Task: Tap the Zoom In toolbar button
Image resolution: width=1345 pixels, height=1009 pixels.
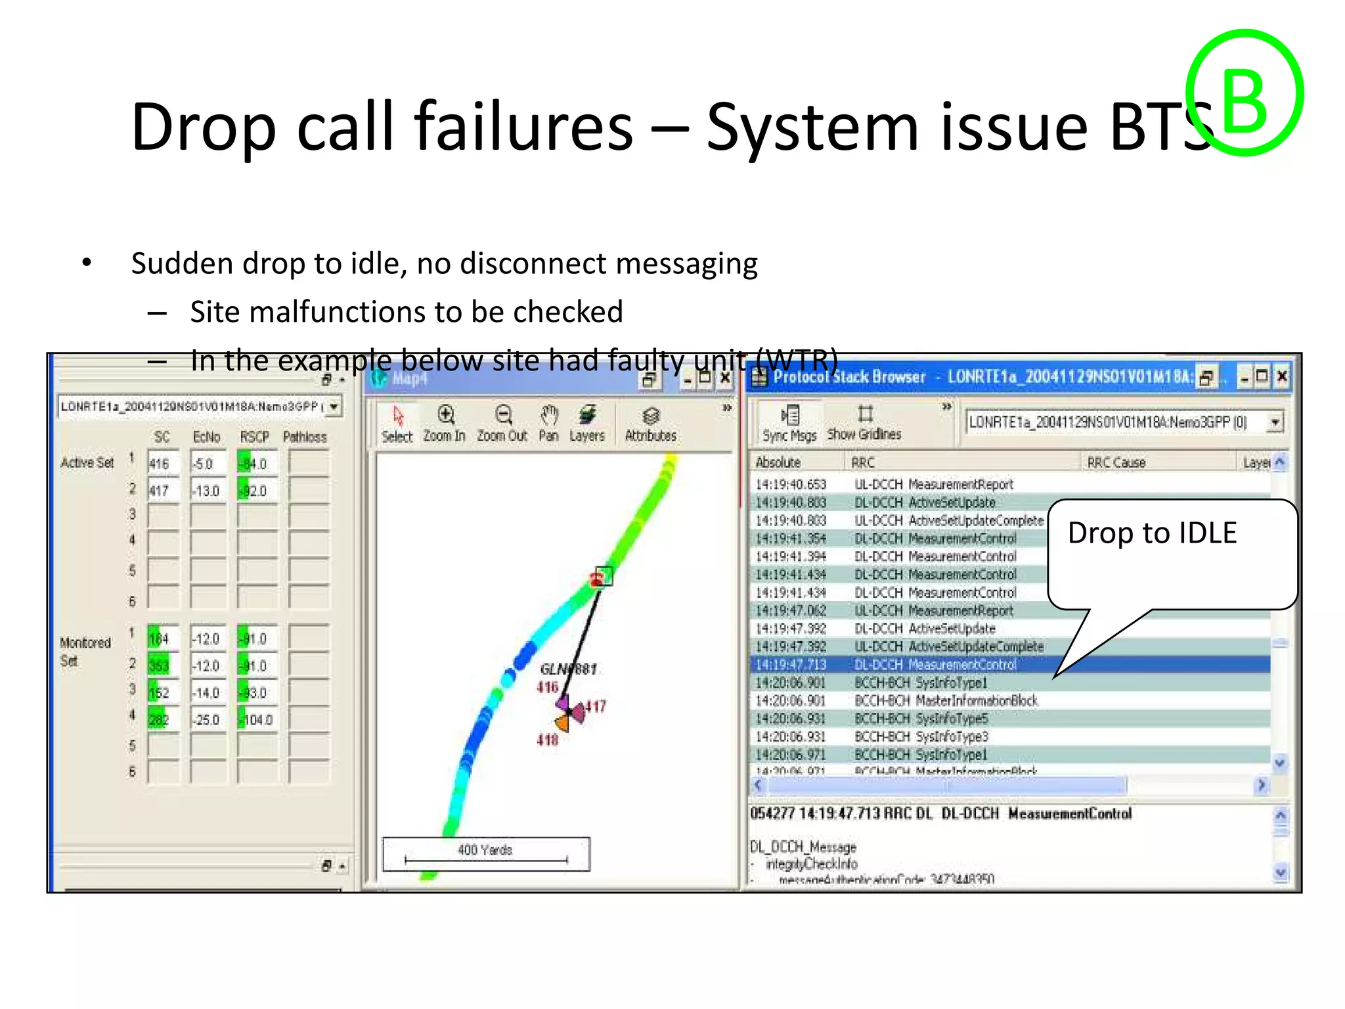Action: (x=445, y=424)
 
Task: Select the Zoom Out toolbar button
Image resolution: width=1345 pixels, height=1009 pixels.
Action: (x=502, y=424)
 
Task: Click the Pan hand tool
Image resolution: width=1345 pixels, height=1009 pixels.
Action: (x=549, y=424)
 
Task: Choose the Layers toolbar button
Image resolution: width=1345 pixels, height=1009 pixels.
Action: (x=587, y=424)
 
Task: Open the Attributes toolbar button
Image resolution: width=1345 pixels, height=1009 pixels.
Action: (x=650, y=424)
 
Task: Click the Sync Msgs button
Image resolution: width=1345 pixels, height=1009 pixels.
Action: (x=790, y=424)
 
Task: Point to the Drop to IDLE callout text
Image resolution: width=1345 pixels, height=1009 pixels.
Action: (x=1152, y=533)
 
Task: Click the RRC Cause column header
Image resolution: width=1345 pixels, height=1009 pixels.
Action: (x=1116, y=462)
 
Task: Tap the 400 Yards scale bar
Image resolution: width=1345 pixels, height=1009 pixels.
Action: (x=486, y=853)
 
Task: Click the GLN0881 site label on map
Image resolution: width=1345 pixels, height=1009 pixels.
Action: (x=568, y=669)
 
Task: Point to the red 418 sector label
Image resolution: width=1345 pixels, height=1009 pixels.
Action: (x=547, y=740)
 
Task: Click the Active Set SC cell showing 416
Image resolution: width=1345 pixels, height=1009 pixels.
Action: (x=162, y=464)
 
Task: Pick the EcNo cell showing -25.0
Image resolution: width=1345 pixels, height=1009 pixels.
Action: (x=208, y=720)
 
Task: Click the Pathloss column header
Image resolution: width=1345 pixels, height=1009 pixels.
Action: (x=305, y=437)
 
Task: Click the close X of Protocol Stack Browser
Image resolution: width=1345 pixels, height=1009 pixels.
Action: (x=1282, y=376)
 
